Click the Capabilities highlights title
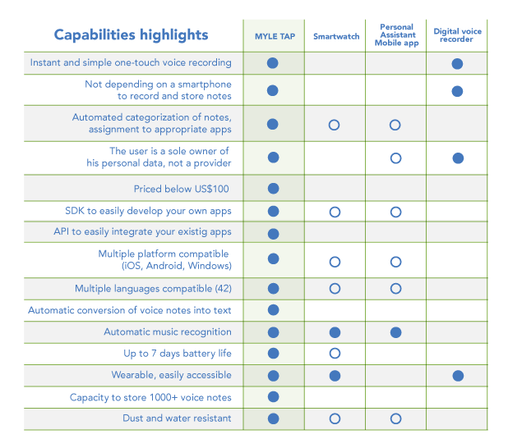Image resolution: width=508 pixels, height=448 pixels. click(x=131, y=35)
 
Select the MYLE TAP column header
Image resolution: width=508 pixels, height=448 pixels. click(x=274, y=37)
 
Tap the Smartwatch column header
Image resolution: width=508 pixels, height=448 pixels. click(x=336, y=37)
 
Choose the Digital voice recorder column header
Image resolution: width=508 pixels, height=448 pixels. click(x=458, y=35)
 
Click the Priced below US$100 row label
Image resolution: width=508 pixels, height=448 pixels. click(x=182, y=189)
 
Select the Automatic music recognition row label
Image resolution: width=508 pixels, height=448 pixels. click(x=168, y=332)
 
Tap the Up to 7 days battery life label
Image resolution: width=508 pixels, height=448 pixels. click(x=178, y=354)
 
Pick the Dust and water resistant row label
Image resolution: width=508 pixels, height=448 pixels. click(x=178, y=418)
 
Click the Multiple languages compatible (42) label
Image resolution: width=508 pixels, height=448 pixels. click(x=153, y=289)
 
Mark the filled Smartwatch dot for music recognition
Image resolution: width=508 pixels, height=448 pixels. click(x=335, y=332)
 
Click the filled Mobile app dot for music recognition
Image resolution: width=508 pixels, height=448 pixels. click(x=395, y=332)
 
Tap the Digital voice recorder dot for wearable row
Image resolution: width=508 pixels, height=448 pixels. click(x=458, y=376)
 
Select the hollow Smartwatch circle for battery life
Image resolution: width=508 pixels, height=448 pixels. click(x=335, y=354)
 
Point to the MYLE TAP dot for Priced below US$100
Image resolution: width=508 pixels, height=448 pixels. click(x=274, y=189)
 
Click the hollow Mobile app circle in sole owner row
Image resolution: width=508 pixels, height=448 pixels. click(x=395, y=158)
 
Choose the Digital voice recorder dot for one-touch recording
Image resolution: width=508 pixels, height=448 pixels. click(x=458, y=63)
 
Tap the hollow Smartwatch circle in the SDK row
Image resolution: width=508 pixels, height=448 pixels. click(x=335, y=212)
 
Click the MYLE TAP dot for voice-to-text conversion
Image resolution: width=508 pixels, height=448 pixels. click(x=274, y=310)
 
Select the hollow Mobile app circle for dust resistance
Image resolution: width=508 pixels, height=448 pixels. click(x=395, y=418)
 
